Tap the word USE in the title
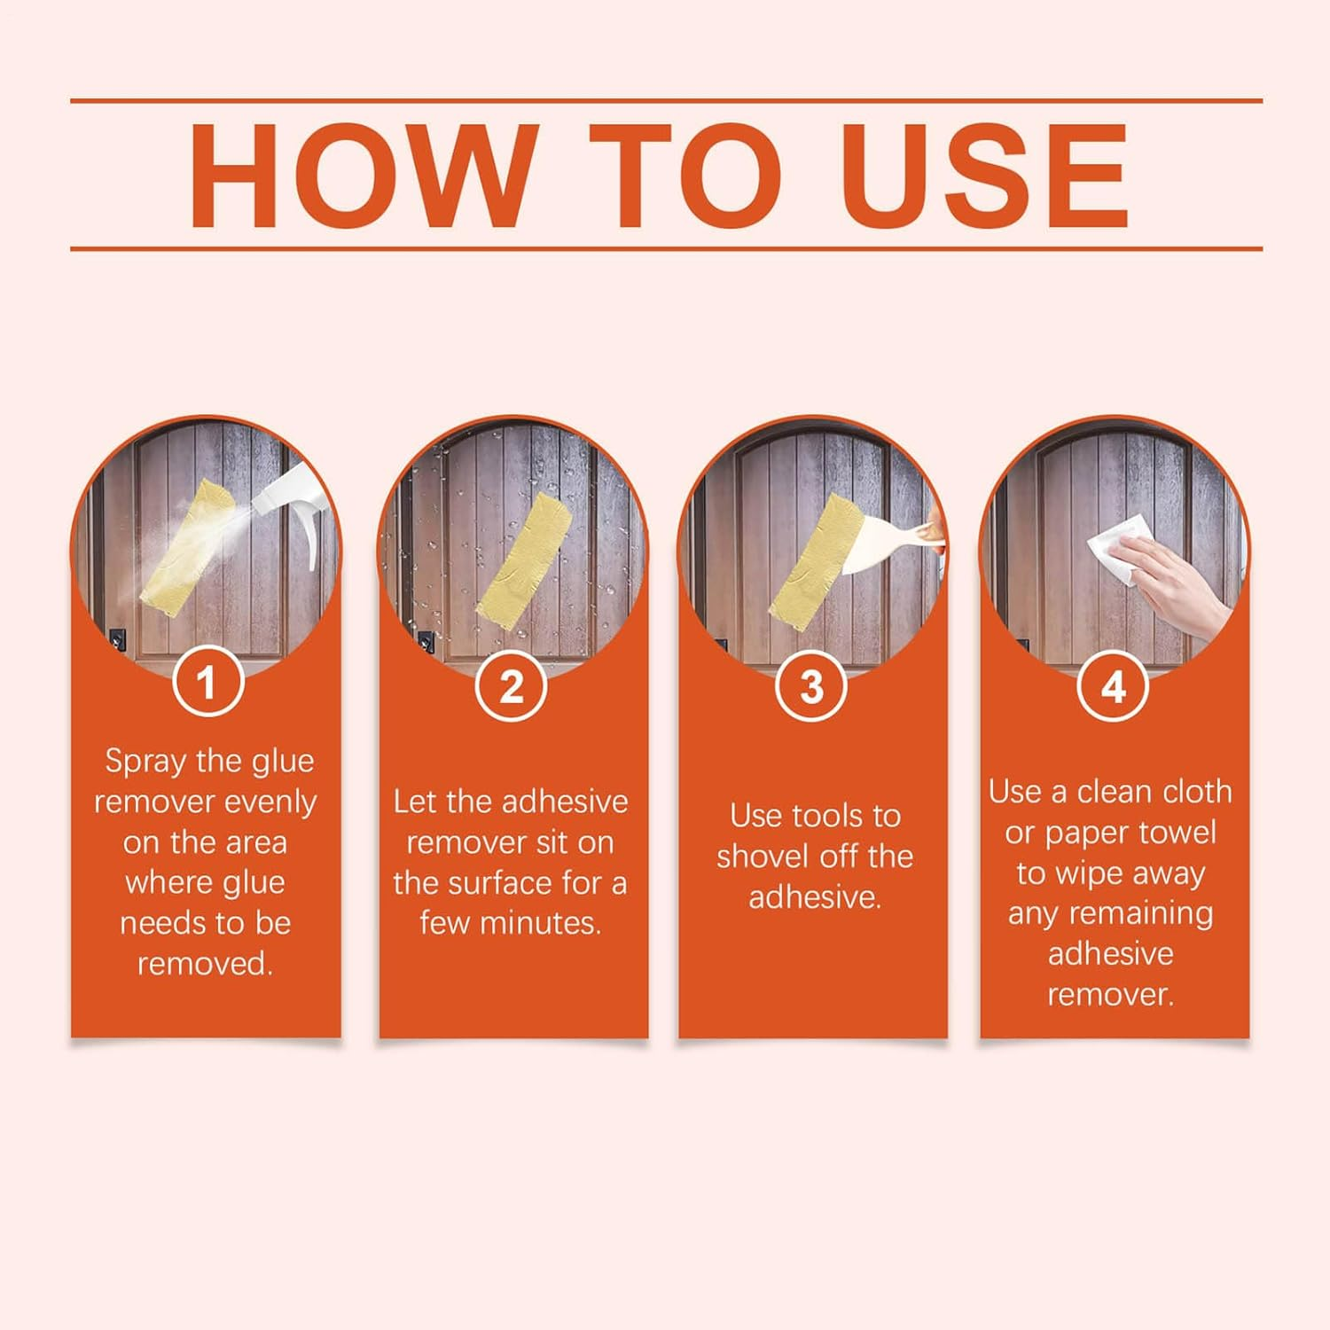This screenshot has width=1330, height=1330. click(x=984, y=176)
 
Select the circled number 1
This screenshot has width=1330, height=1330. click(x=207, y=683)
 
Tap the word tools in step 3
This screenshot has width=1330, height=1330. click(x=826, y=816)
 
